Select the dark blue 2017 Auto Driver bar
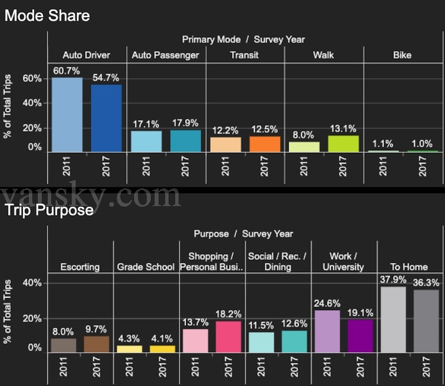click(x=106, y=118)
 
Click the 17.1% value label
click(x=145, y=123)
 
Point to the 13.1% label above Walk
click(x=343, y=128)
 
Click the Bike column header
click(x=402, y=55)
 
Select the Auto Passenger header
click(x=165, y=55)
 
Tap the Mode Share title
click(x=47, y=16)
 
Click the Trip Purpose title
click(x=49, y=210)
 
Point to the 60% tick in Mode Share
click(x=32, y=78)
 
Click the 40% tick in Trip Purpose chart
click(x=32, y=283)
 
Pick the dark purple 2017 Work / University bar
click(x=360, y=336)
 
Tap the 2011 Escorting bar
click(x=63, y=345)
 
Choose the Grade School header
click(x=146, y=267)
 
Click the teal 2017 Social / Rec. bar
click(x=294, y=342)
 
